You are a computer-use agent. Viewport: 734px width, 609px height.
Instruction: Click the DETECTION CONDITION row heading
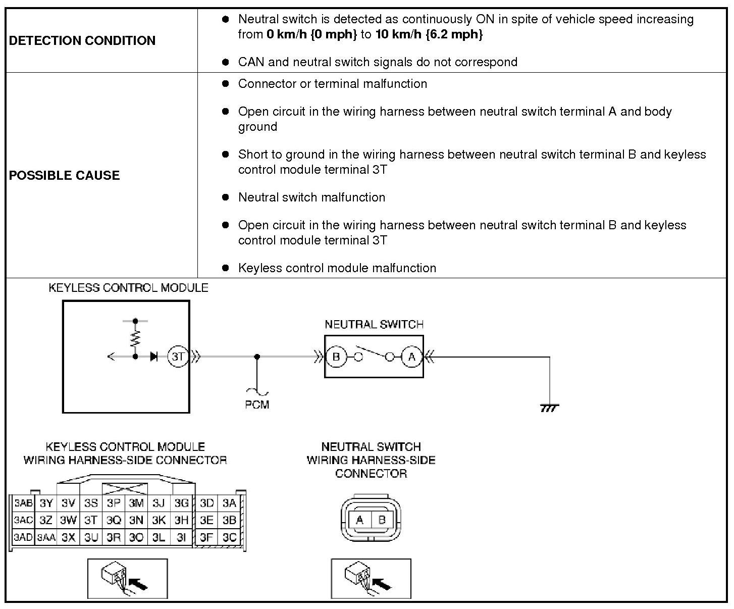82,40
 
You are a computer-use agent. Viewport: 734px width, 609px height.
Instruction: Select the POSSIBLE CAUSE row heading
65,175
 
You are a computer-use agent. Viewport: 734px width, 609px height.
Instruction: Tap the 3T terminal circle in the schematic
178,357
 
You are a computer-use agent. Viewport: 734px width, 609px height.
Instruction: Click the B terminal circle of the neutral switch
336,357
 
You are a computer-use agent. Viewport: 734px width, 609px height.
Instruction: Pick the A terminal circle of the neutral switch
412,357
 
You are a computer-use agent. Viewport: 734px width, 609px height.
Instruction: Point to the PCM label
257,404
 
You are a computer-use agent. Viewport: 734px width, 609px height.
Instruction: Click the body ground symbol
549,408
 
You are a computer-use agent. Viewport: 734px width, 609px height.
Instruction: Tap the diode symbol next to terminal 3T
154,357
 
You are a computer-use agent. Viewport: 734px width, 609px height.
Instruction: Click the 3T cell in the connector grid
91,520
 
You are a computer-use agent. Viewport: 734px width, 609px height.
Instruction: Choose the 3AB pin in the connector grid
23,503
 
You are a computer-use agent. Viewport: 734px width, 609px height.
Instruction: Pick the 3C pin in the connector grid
229,537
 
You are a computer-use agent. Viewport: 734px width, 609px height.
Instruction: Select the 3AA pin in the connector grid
46,538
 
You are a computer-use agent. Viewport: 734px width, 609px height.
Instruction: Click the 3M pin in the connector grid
136,503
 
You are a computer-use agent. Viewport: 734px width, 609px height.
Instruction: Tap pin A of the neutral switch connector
360,520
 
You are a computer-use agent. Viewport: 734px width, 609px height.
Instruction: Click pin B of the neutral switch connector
382,520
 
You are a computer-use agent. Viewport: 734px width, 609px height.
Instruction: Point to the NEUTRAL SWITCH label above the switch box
374,324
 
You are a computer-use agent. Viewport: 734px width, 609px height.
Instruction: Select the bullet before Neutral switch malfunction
226,197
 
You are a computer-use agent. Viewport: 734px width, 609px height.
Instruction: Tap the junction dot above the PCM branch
257,357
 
